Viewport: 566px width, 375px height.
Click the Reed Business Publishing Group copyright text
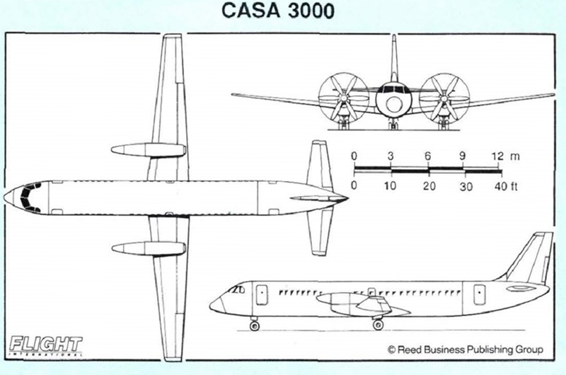[x=464, y=349]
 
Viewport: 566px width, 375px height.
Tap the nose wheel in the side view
[x=255, y=325]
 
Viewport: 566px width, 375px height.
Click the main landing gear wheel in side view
[x=379, y=325]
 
